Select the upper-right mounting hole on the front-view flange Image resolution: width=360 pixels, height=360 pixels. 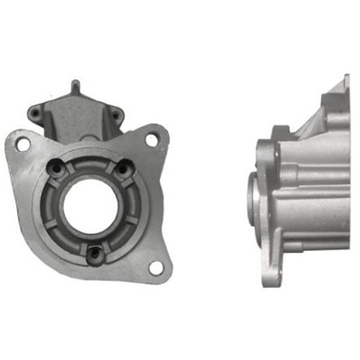(152, 139)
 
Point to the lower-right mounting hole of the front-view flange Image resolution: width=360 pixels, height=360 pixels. (156, 267)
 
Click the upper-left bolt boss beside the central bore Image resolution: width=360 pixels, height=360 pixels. (58, 166)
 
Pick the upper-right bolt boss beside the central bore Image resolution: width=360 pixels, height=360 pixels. (118, 166)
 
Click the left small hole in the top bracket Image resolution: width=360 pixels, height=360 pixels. (35, 113)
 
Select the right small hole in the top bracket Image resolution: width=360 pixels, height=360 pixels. (115, 112)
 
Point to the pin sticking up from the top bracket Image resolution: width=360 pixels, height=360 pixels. (76, 87)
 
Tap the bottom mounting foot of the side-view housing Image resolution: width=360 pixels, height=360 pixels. (275, 270)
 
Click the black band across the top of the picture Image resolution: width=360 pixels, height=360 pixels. (180, 31)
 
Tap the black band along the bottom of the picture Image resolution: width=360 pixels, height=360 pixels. (180, 328)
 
